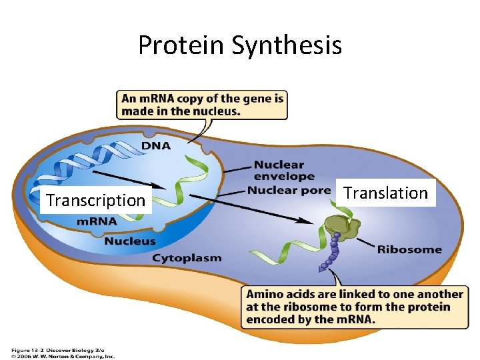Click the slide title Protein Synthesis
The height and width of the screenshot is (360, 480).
point(240,45)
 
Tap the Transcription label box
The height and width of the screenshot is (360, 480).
point(95,200)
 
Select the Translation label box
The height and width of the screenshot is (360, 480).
point(385,193)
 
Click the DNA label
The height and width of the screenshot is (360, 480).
point(155,146)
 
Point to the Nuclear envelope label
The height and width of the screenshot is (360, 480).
point(284,171)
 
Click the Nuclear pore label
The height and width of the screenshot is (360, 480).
point(288,191)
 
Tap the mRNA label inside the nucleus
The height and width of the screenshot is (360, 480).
point(97,221)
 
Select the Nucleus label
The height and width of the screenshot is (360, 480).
point(129,241)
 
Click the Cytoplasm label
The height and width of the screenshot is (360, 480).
point(187,258)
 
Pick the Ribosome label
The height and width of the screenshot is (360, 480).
point(409,250)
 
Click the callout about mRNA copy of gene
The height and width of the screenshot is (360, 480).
point(202,105)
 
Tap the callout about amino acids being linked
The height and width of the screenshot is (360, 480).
point(354,307)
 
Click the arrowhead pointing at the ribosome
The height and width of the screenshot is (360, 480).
point(308,222)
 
